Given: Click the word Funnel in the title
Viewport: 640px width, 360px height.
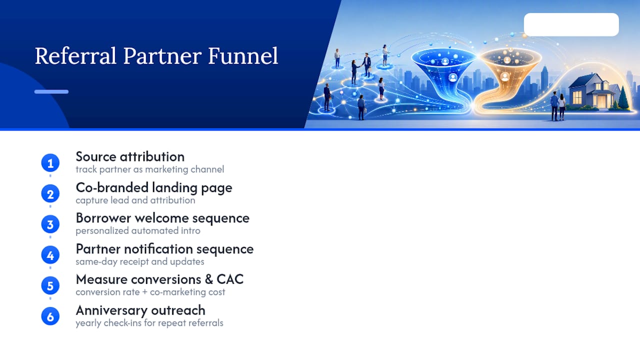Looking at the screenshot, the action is click(x=243, y=55).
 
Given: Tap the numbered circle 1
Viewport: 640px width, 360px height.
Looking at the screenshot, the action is click(x=50, y=163).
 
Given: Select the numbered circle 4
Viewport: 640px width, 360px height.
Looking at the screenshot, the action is click(x=50, y=255).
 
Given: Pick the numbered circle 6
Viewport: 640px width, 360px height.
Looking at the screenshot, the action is click(x=50, y=316).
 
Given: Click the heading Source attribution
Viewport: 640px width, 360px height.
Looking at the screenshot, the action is click(x=130, y=157).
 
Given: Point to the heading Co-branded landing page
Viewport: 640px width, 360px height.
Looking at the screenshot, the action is click(x=154, y=188).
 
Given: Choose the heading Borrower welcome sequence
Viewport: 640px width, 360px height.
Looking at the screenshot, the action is click(x=162, y=218).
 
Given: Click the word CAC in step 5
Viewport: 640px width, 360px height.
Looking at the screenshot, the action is click(x=230, y=279).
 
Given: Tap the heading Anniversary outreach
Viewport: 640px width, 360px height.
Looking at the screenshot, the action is click(x=140, y=310).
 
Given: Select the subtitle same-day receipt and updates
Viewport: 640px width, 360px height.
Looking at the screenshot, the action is click(x=140, y=261).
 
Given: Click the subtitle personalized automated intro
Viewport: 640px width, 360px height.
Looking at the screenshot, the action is click(x=138, y=230).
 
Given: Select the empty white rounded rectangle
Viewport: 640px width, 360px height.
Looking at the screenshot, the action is click(x=571, y=24).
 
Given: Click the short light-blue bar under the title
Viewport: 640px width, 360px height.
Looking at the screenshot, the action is click(x=51, y=91).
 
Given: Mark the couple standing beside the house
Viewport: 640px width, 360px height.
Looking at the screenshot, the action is click(x=558, y=105).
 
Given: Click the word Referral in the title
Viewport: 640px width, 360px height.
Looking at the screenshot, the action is click(x=75, y=55).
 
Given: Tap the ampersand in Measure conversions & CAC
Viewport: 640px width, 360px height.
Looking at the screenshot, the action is click(x=209, y=279).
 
